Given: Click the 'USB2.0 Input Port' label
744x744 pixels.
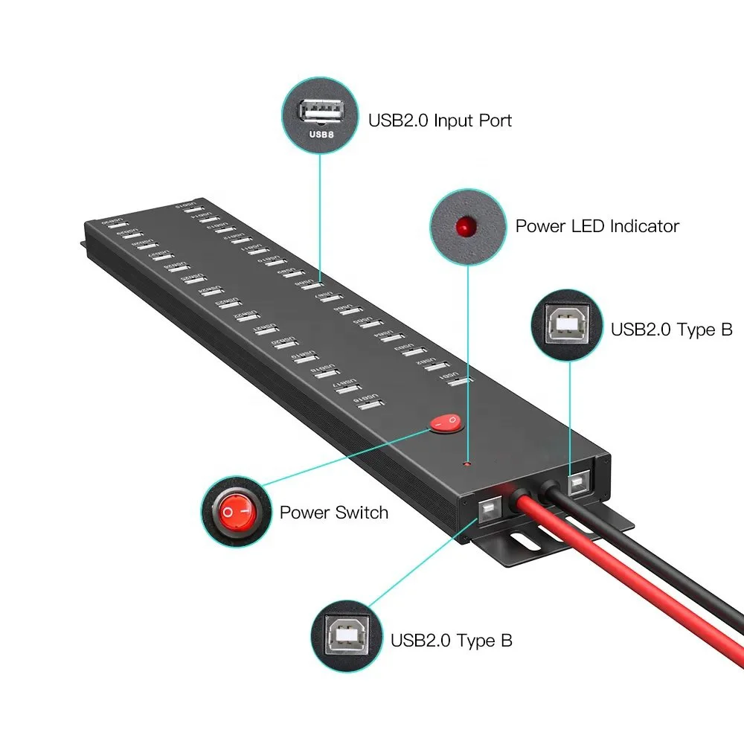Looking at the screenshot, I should (440, 120).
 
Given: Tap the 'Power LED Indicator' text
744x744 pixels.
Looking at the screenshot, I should (597, 225).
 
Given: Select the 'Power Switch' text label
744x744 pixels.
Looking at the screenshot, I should (333, 512).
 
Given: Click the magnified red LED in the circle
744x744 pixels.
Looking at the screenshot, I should (466, 225).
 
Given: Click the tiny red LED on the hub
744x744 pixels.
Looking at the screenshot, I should (466, 464).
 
